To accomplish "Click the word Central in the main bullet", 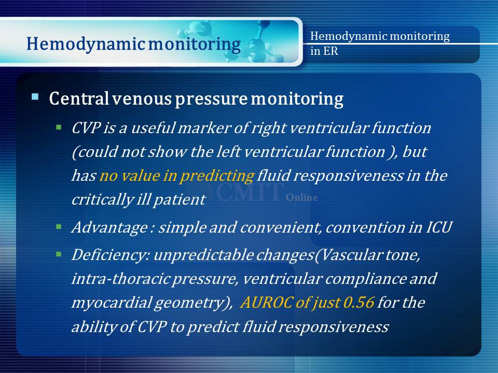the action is point(79,98).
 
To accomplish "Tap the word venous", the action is point(142,99).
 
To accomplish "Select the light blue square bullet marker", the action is point(35,96).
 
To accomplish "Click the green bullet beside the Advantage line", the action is point(59,227).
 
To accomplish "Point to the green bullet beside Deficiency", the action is point(59,254).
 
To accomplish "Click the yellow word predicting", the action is point(217,176).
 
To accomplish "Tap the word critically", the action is point(103,199).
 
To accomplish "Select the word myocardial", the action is point(111,303).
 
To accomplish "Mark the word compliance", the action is point(366,279).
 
